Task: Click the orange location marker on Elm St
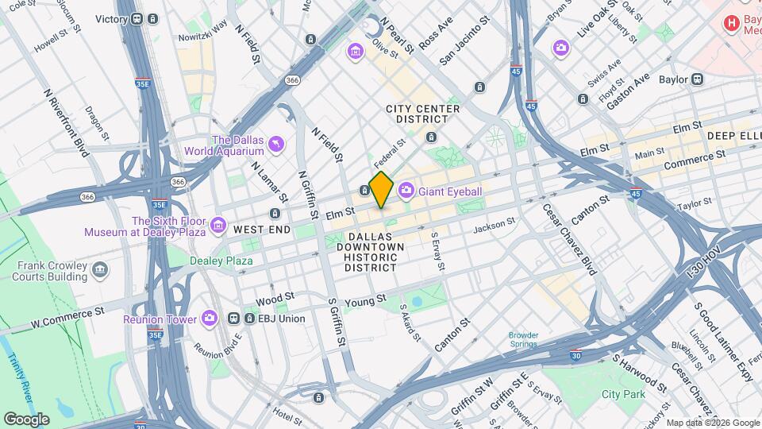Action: pos(382,189)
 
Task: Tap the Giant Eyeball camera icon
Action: pos(406,189)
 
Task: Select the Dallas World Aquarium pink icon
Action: pos(276,144)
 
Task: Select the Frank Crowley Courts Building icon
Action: pos(100,270)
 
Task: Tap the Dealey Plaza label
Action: pos(221,260)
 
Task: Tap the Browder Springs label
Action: pos(528,340)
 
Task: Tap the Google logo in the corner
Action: pos(26,419)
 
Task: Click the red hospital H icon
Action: pos(731,23)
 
